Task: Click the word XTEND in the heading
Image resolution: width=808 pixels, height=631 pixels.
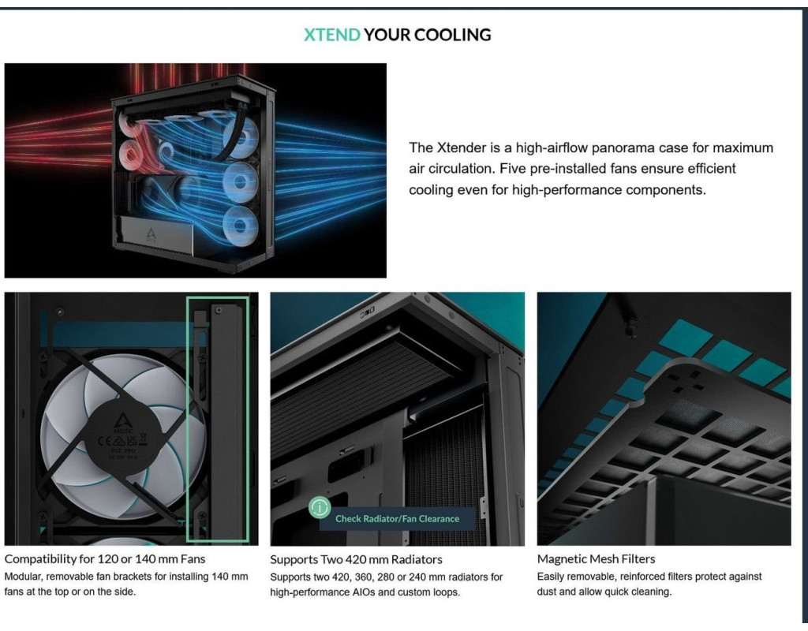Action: (332, 35)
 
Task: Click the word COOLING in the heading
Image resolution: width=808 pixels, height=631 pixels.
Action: (452, 35)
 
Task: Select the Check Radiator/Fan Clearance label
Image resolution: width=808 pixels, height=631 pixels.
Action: (398, 519)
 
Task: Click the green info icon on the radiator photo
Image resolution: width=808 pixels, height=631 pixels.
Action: (320, 508)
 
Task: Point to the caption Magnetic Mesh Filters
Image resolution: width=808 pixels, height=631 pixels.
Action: (597, 559)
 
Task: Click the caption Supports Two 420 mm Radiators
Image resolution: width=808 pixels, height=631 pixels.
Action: (356, 559)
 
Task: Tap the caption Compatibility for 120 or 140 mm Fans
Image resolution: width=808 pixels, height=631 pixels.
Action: (105, 559)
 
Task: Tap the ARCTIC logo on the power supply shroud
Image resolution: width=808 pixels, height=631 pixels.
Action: (151, 235)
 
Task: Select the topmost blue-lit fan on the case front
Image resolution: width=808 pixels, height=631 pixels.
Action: (242, 137)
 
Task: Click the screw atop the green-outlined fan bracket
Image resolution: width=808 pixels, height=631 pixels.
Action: (219, 311)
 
